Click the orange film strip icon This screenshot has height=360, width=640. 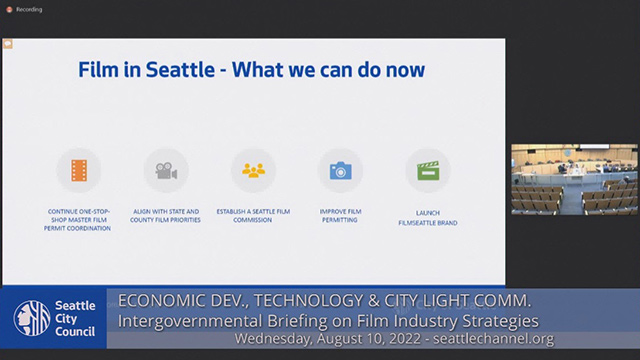(79, 170)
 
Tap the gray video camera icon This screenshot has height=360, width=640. (166, 170)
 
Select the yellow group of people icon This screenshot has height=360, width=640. (253, 170)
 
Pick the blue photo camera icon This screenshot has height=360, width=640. (340, 170)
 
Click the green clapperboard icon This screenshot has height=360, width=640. (428, 170)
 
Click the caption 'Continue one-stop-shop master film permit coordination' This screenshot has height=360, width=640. (79, 220)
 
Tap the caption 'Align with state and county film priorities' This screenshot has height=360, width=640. (166, 215)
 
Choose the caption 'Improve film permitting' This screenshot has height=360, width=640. (340, 215)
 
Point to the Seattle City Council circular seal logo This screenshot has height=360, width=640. (31, 319)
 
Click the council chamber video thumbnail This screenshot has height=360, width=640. (573, 179)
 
